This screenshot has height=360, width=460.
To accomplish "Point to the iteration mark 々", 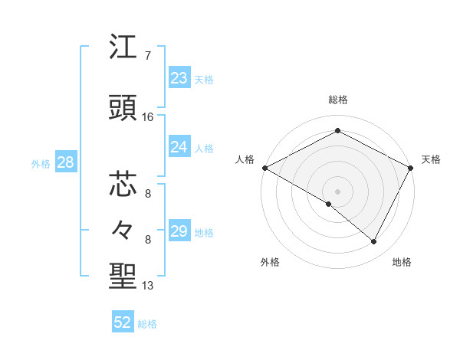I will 123,229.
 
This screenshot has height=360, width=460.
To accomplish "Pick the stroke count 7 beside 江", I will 147,56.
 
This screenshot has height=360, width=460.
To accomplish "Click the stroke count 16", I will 148,117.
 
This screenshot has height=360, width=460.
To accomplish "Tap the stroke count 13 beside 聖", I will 148,286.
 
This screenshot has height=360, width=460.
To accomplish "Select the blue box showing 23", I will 179,78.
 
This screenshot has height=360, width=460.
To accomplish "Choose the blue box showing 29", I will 179,231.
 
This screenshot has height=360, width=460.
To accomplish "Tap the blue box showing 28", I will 64,162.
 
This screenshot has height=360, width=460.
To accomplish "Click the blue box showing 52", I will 123,322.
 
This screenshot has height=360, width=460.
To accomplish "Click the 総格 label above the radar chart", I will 337,100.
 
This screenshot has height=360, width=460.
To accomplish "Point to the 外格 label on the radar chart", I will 270,262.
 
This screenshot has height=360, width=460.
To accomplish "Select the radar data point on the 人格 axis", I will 264,168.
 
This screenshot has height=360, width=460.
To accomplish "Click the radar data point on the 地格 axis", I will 374,242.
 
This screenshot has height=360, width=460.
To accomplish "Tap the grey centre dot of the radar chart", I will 337,191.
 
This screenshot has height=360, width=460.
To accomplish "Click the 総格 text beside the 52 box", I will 147,324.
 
